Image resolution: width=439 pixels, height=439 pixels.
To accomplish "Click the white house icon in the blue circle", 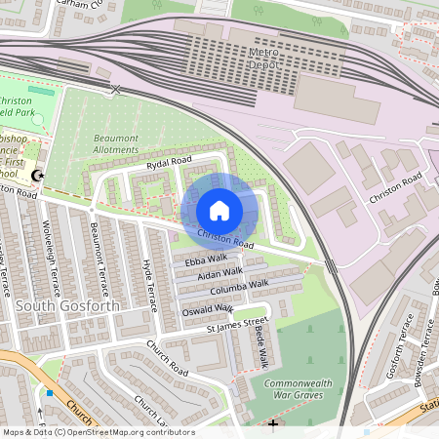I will tap(219, 211).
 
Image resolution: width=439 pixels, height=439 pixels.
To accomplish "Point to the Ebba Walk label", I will tap(205, 259).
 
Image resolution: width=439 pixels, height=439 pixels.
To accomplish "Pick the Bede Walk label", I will tap(260, 346).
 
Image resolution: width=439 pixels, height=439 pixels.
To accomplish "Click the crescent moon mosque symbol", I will tap(39, 175).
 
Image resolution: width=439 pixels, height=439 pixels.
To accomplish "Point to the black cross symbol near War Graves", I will tap(272, 424).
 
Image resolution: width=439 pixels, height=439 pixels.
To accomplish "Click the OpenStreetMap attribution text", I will tap(98, 431).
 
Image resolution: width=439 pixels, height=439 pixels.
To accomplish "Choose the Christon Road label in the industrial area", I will tap(395, 186).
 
